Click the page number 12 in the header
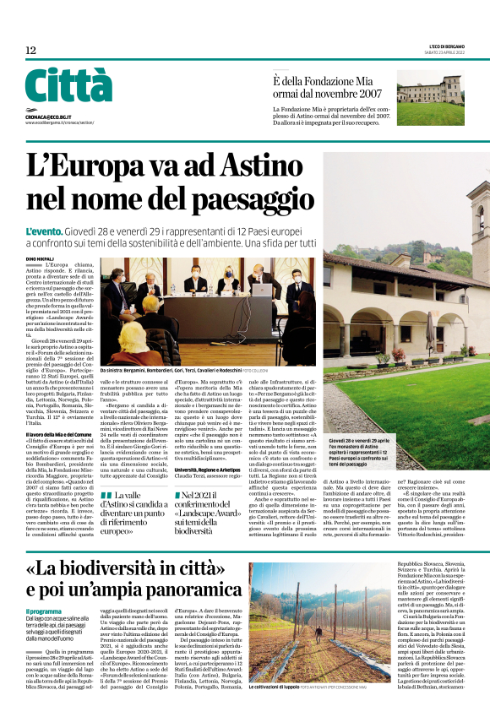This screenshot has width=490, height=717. click(x=30, y=51)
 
